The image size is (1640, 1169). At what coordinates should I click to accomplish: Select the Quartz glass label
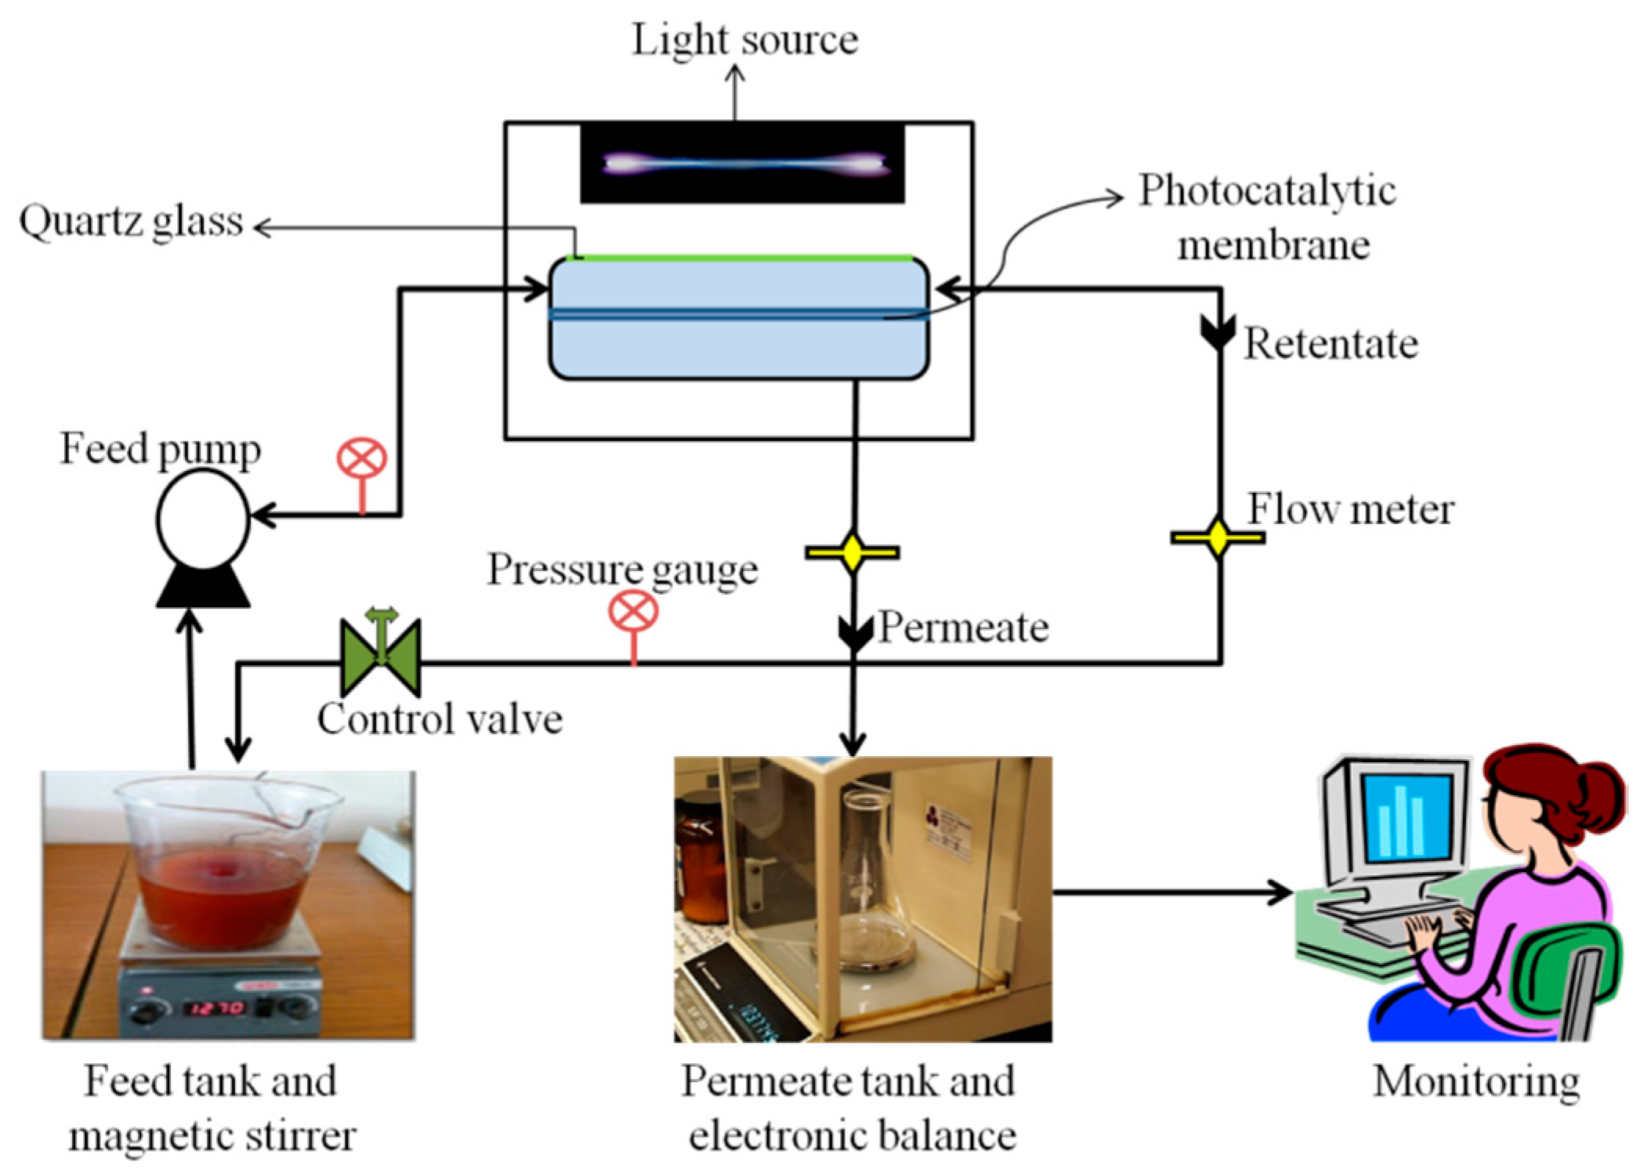coord(131,222)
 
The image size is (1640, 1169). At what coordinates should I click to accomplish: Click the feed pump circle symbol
coord(202,519)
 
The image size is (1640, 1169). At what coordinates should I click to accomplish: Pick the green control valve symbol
coord(381,657)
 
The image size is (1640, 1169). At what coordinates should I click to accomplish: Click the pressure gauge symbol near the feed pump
coord(361,459)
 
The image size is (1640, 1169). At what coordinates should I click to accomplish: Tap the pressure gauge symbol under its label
coord(633,612)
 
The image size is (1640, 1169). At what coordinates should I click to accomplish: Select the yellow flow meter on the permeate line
coord(853,552)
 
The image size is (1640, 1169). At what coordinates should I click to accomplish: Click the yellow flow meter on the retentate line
coord(1218,537)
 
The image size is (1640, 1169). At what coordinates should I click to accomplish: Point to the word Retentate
coord(1330,344)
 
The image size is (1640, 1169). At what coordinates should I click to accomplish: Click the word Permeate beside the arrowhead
coord(963,628)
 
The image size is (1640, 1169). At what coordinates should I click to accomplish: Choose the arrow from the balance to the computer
coord(1171,892)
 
